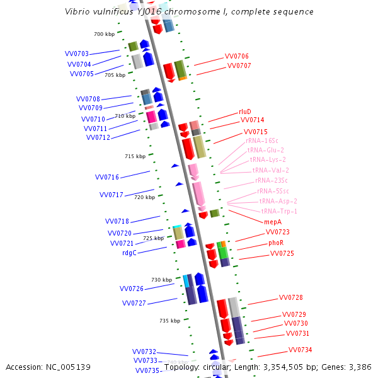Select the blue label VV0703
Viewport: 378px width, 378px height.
(x=77, y=54)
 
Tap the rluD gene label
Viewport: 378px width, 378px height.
(x=244, y=112)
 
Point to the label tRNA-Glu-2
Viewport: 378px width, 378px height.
(x=265, y=150)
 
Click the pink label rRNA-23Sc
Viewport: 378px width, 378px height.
(x=272, y=180)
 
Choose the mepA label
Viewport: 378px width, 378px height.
(x=272, y=222)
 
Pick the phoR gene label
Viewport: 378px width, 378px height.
(x=276, y=243)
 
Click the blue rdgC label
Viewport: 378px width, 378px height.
(x=129, y=253)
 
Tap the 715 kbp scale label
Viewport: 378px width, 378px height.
(x=135, y=156)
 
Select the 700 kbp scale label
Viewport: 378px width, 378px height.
(x=104, y=34)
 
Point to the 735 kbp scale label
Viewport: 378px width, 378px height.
(x=169, y=321)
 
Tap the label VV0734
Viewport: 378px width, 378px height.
(x=300, y=350)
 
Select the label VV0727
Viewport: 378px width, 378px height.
(x=134, y=303)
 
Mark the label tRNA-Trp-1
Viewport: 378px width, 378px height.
(x=279, y=211)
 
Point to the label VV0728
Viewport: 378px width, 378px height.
(x=290, y=297)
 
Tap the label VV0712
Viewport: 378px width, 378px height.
(x=98, y=137)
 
